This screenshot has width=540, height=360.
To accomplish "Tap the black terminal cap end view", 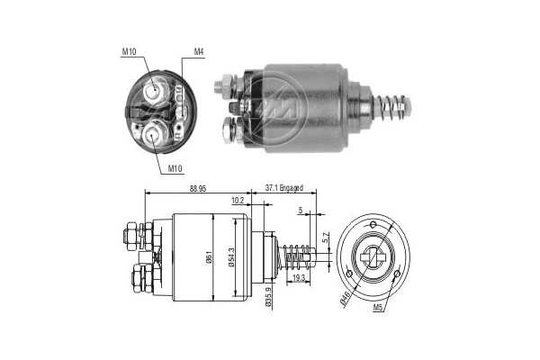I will coord(158,111).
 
